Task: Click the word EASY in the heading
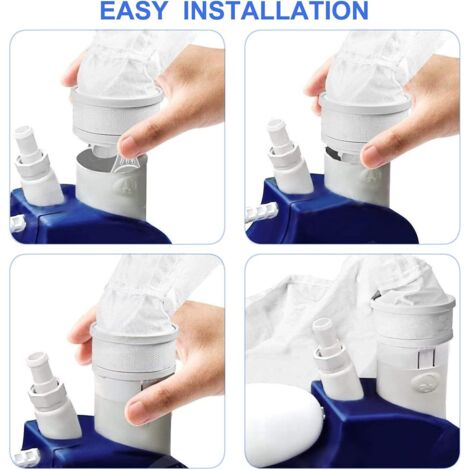point(133,11)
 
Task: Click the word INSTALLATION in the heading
point(276,11)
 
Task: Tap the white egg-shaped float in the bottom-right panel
point(284,424)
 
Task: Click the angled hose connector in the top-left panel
point(38,166)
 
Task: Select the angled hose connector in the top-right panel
point(289,156)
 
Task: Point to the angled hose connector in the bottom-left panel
point(53,396)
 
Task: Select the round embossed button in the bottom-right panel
point(423,382)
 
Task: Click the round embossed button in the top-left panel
point(122,183)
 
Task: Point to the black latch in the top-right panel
point(332,152)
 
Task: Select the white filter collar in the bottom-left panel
point(133,350)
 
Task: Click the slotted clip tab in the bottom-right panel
point(427,359)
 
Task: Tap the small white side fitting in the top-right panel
point(262,211)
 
